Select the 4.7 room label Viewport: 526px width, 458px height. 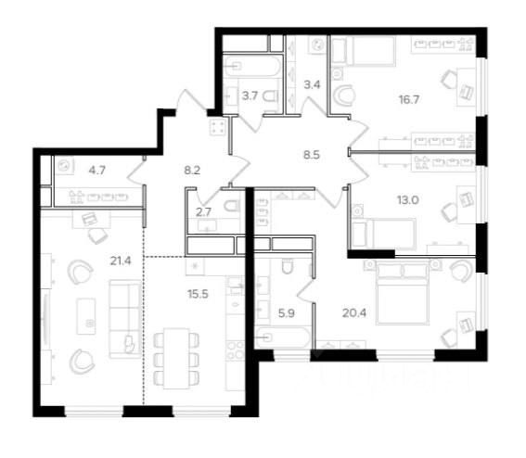(97, 170)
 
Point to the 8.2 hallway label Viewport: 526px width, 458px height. (194, 170)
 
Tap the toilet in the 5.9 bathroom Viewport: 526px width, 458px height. (287, 269)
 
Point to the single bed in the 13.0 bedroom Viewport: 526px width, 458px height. (376, 230)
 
